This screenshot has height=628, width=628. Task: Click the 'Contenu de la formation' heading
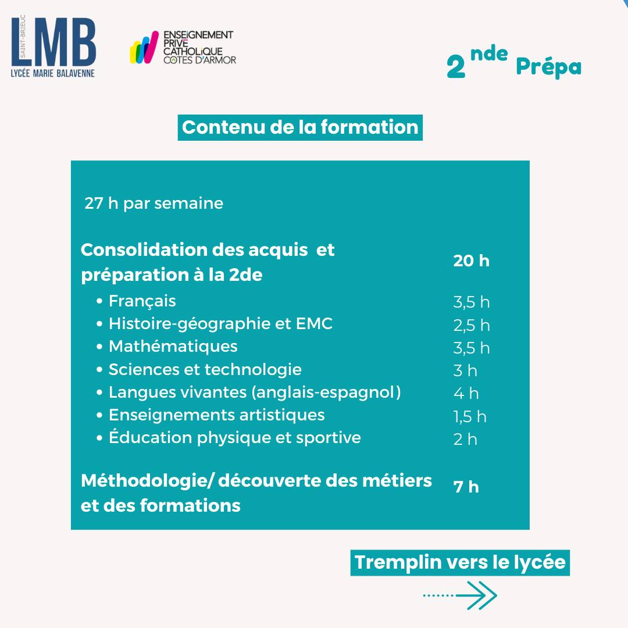[300, 127]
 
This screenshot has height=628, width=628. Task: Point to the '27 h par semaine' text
[154, 204]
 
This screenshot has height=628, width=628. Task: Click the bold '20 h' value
[472, 261]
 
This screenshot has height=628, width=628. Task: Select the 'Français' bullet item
[142, 301]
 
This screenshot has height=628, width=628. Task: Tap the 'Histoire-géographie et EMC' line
[220, 324]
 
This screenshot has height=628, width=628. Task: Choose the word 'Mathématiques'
[173, 347]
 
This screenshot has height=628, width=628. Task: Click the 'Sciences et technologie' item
[205, 369]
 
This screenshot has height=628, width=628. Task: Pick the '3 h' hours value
[465, 371]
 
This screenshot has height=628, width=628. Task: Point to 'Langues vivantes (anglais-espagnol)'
[255, 392]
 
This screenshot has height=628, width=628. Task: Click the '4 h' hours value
[466, 394]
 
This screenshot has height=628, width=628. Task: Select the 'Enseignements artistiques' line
[216, 415]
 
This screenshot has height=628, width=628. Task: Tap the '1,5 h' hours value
[470, 417]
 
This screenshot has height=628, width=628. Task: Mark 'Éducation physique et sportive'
[234, 438]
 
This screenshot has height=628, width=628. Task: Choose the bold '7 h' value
[466, 487]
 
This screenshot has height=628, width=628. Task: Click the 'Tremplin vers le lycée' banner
[460, 563]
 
